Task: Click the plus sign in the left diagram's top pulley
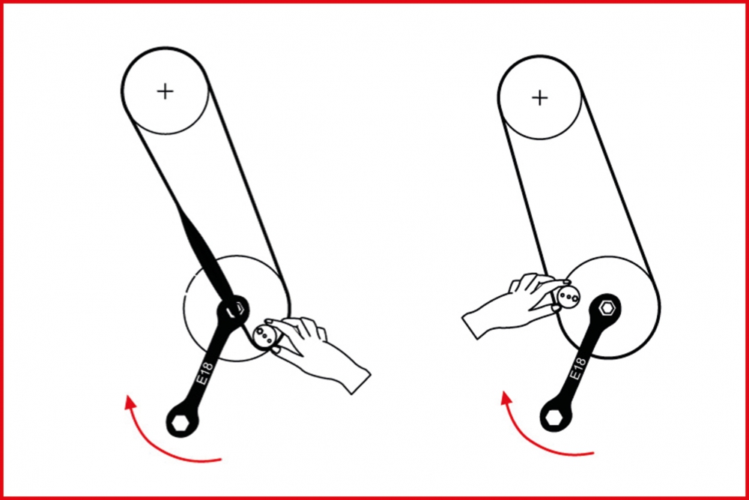tap(166, 91)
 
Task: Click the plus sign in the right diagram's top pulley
tap(540, 98)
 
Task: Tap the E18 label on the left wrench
tap(205, 373)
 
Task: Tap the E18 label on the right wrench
tap(578, 369)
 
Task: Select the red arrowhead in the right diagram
tap(506, 398)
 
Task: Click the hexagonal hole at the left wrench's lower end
tap(180, 423)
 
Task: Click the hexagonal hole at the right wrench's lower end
tap(554, 418)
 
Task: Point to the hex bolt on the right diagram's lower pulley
tap(607, 308)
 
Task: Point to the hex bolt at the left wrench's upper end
tap(234, 310)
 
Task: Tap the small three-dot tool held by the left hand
tap(263, 336)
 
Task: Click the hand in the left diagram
tap(315, 352)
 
